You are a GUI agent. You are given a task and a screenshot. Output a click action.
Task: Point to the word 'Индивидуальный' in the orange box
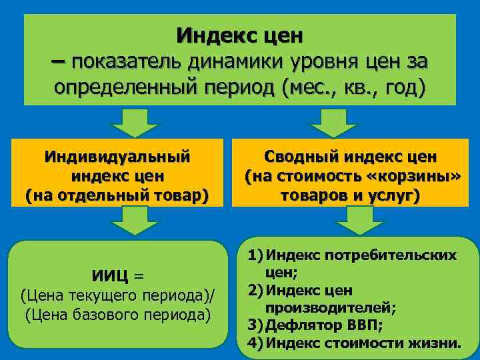(x=117, y=157)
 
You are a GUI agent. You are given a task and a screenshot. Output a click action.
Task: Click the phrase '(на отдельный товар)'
(x=117, y=196)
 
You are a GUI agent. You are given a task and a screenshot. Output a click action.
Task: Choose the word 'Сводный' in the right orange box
(x=302, y=157)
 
